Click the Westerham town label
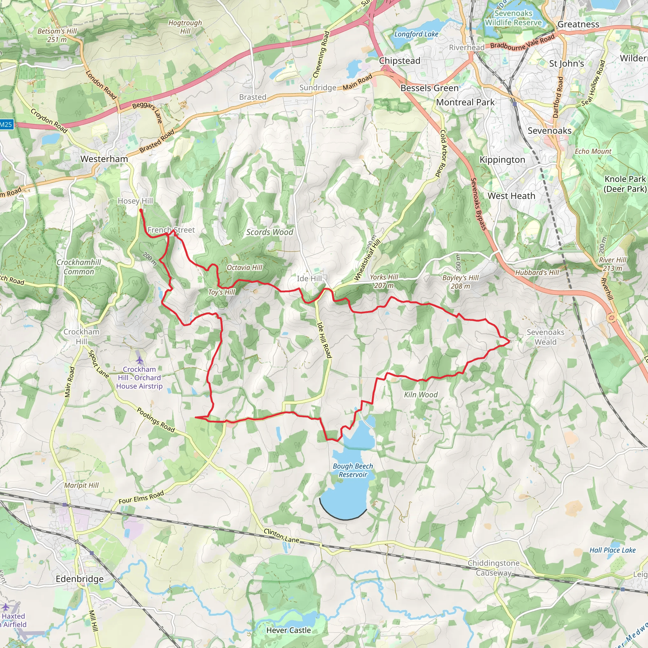[104, 159]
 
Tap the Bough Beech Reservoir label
[352, 470]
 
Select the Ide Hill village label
[309, 278]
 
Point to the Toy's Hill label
[221, 292]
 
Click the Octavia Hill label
[244, 267]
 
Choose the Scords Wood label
[270, 232]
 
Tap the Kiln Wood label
[421, 395]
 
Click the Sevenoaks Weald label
[545, 337]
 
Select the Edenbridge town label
[79, 579]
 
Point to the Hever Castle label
[289, 630]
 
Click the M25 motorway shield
[6, 125]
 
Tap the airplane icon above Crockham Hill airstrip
[140, 360]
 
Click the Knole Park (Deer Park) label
[625, 184]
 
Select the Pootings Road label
[156, 420]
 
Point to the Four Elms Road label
[141, 497]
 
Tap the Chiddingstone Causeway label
[493, 568]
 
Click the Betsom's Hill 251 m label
[57, 35]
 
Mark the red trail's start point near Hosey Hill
[141, 210]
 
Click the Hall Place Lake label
[613, 550]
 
